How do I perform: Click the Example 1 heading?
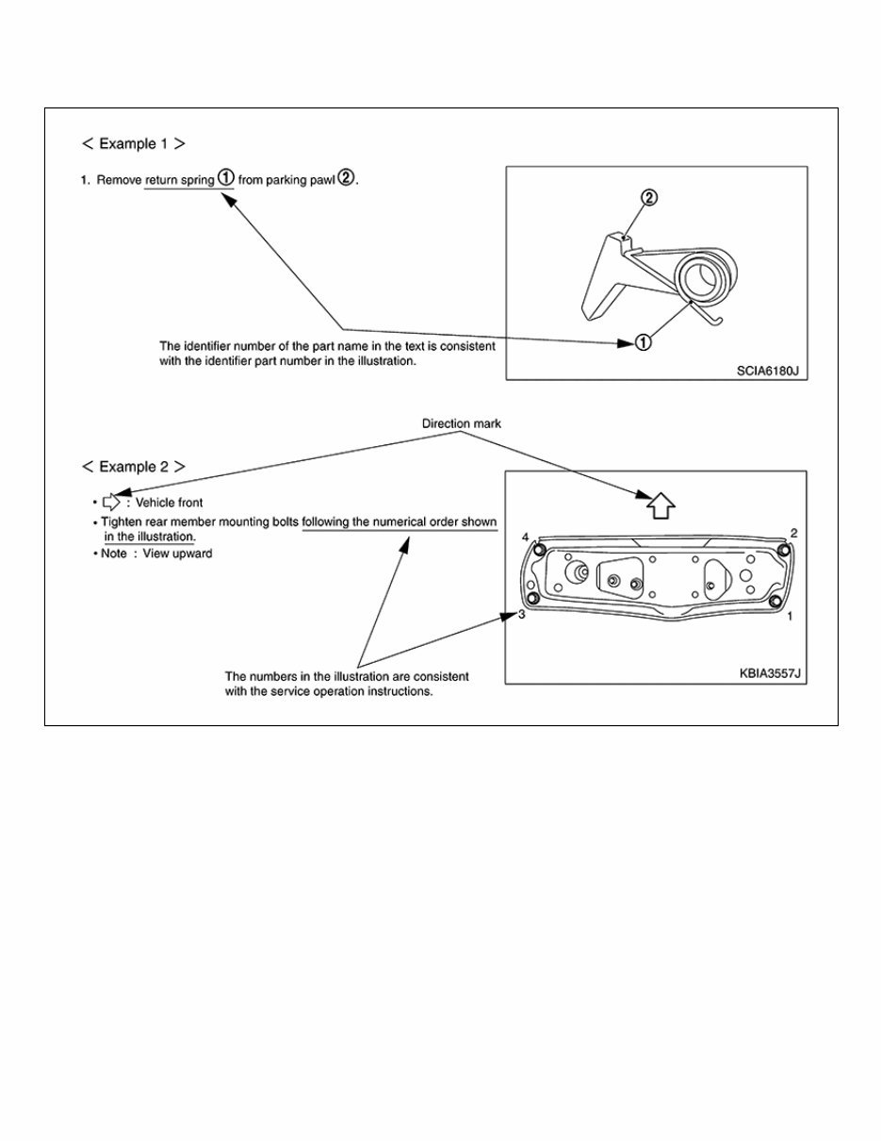(x=133, y=144)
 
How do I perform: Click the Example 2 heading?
(x=133, y=467)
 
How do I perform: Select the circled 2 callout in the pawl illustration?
(x=648, y=198)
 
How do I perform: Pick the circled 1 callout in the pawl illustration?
(x=642, y=343)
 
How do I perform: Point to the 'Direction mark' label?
(x=461, y=424)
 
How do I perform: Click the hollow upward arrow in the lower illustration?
(x=661, y=504)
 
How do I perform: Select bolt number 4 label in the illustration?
(x=525, y=537)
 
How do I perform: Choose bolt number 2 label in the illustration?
(x=794, y=533)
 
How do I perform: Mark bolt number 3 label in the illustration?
(x=520, y=615)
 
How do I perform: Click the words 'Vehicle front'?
(x=170, y=503)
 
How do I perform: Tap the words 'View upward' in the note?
(x=177, y=554)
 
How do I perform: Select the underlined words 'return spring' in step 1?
(x=179, y=179)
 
